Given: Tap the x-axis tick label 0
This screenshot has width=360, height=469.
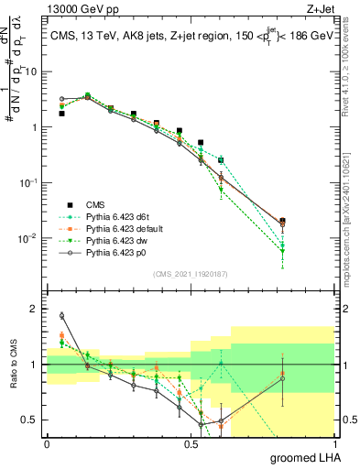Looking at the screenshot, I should click(47, 443).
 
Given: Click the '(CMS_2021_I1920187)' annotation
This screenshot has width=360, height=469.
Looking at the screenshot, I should click(191, 273).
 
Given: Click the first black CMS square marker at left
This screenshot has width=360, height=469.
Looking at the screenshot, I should click(61, 114).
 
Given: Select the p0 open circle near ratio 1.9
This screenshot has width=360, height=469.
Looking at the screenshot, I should click(61, 316).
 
